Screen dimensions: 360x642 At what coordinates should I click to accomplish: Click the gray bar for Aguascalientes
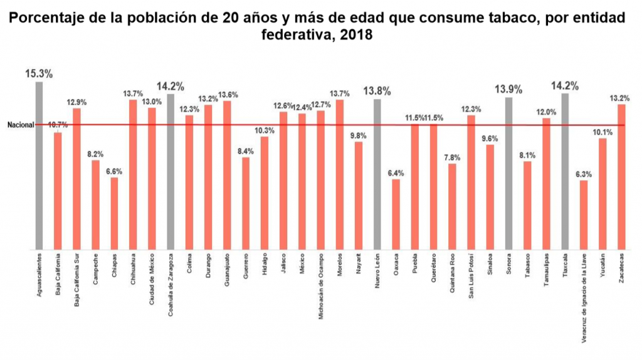[x=39, y=166]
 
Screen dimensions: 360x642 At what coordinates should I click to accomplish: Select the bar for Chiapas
[x=114, y=214]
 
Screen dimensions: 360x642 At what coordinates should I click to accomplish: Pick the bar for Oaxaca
[x=396, y=214]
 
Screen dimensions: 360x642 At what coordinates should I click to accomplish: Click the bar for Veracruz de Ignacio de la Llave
[x=584, y=215]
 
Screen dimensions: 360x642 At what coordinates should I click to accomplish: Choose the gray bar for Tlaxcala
[x=565, y=171]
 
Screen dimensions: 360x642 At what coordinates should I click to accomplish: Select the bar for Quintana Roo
[x=452, y=207]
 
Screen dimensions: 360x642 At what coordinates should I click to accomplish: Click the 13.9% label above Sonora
[x=508, y=89]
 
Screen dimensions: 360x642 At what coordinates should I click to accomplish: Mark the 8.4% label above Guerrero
[x=246, y=151]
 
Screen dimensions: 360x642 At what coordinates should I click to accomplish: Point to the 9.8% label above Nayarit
[x=359, y=135]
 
